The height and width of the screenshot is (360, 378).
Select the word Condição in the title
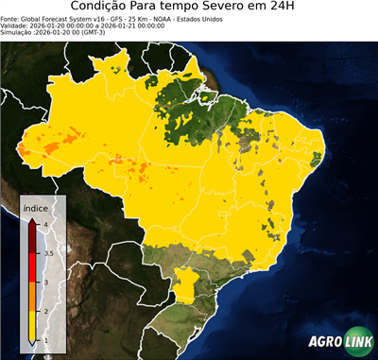click(x=100, y=8)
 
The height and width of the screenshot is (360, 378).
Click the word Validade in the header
click(x=14, y=26)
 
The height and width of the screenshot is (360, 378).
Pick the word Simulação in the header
click(x=17, y=32)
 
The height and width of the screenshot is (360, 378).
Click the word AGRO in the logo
click(x=322, y=342)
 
